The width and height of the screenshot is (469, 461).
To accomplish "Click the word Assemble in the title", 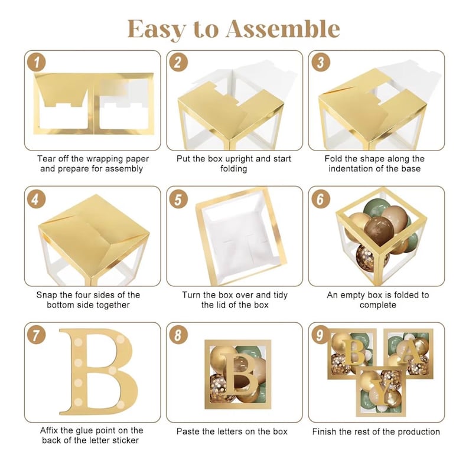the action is pyautogui.click(x=283, y=29).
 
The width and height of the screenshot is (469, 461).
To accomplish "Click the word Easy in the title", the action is pyautogui.click(x=157, y=30).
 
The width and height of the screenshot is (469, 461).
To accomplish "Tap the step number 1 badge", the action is pyautogui.click(x=37, y=63).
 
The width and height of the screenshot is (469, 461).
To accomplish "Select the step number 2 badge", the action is pyautogui.click(x=178, y=63).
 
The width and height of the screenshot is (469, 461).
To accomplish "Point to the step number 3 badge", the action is pyautogui.click(x=321, y=63).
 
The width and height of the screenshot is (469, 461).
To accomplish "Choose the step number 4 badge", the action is pyautogui.click(x=37, y=199).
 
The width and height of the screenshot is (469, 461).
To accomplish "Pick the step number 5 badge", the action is pyautogui.click(x=178, y=199).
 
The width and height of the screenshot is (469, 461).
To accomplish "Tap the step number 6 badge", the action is pyautogui.click(x=321, y=199).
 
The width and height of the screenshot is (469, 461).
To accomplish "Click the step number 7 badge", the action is pyautogui.click(x=37, y=335).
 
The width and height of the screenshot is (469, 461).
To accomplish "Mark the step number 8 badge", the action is pyautogui.click(x=178, y=335).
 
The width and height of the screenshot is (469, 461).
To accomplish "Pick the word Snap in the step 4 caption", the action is pyautogui.click(x=47, y=295).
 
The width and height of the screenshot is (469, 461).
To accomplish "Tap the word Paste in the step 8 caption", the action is pyautogui.click(x=187, y=431).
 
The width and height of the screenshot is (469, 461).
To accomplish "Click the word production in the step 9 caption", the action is pyautogui.click(x=415, y=431).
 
